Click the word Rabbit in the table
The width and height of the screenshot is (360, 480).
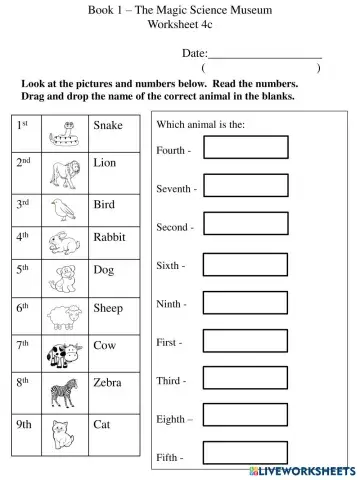pyautogui.click(x=109, y=237)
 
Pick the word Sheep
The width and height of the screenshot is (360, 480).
pyautogui.click(x=108, y=309)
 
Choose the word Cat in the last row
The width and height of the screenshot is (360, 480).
pyautogui.click(x=101, y=424)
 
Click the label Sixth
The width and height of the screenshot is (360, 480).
pyautogui.click(x=170, y=266)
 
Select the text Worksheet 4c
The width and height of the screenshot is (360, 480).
pyautogui.click(x=179, y=23)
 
